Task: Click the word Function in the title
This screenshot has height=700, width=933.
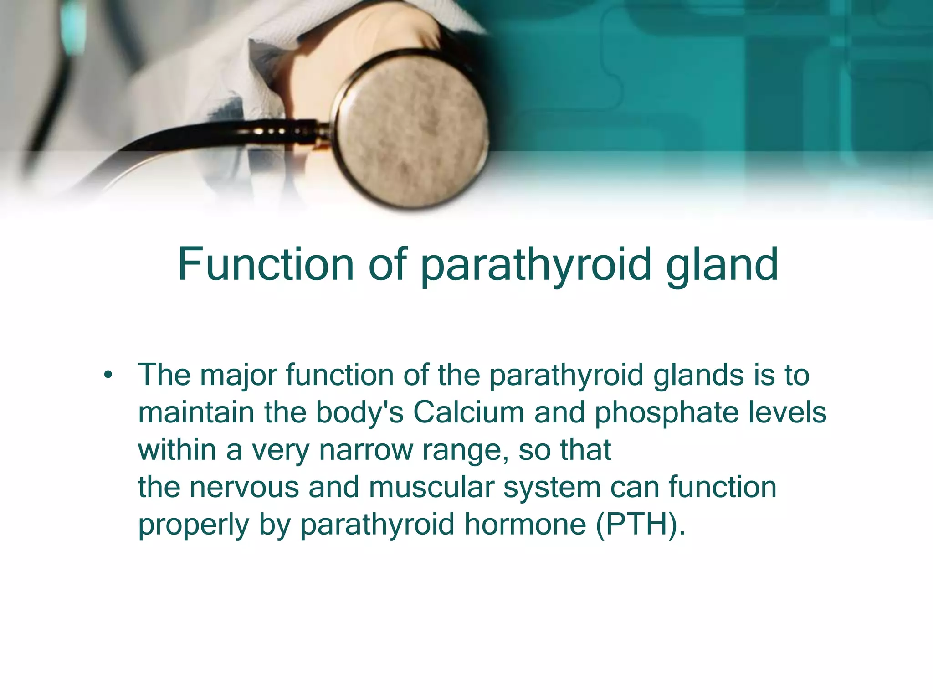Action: [x=266, y=264]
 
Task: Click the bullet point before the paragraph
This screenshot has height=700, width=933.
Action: [x=108, y=376]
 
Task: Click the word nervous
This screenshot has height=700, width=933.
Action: [x=244, y=487]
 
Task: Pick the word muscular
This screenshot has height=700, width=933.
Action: [x=431, y=487]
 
